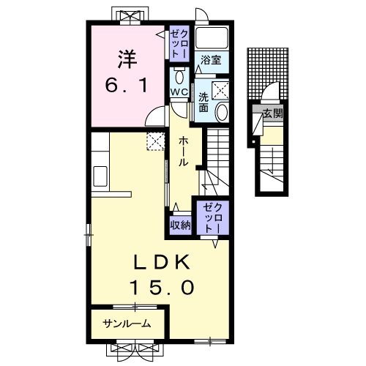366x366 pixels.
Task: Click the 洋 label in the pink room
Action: coord(127,59)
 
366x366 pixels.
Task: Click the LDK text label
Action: coord(163,262)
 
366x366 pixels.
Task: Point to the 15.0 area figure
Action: coord(163,287)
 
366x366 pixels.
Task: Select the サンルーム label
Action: coord(127,324)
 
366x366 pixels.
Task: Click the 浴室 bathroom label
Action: coord(211,60)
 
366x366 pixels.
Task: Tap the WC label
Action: coord(179,92)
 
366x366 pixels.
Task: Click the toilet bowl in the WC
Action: coord(179,78)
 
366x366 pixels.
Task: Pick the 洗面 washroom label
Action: coord(203,102)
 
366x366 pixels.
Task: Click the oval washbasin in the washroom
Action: coord(222,112)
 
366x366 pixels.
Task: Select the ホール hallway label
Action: coord(184,152)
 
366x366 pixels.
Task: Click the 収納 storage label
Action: coord(181,225)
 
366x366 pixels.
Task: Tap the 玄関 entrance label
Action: coord(273,113)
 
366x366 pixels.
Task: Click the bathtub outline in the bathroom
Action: coord(212,37)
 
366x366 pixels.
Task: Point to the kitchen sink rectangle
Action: coord(100,176)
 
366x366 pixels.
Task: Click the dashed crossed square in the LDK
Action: coord(156,141)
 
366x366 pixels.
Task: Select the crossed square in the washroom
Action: coord(220,91)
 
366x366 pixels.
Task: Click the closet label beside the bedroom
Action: coord(179,44)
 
